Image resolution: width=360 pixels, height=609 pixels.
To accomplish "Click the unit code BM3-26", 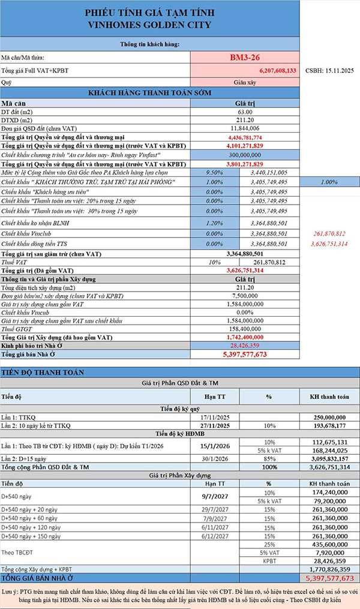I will [x=245, y=58].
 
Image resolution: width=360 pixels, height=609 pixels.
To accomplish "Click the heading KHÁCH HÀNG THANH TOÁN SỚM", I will [x=149, y=92].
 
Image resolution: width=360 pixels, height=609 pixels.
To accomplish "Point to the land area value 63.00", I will [x=245, y=112].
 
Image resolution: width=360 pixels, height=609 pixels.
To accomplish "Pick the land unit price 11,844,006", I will [x=245, y=128].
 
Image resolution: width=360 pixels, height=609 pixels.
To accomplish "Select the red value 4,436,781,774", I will [x=245, y=137].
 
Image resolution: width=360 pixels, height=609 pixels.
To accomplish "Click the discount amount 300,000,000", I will [x=245, y=154].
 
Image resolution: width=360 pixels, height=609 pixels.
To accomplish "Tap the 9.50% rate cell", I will [x=214, y=172].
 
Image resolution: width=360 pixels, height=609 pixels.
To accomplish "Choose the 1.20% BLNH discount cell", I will [x=214, y=221].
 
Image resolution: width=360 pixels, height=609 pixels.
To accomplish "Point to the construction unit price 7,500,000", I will [x=245, y=296].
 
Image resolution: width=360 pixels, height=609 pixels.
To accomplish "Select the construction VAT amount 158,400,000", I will [x=245, y=329].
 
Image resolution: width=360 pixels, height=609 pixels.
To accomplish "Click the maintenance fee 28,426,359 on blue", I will [x=245, y=345].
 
